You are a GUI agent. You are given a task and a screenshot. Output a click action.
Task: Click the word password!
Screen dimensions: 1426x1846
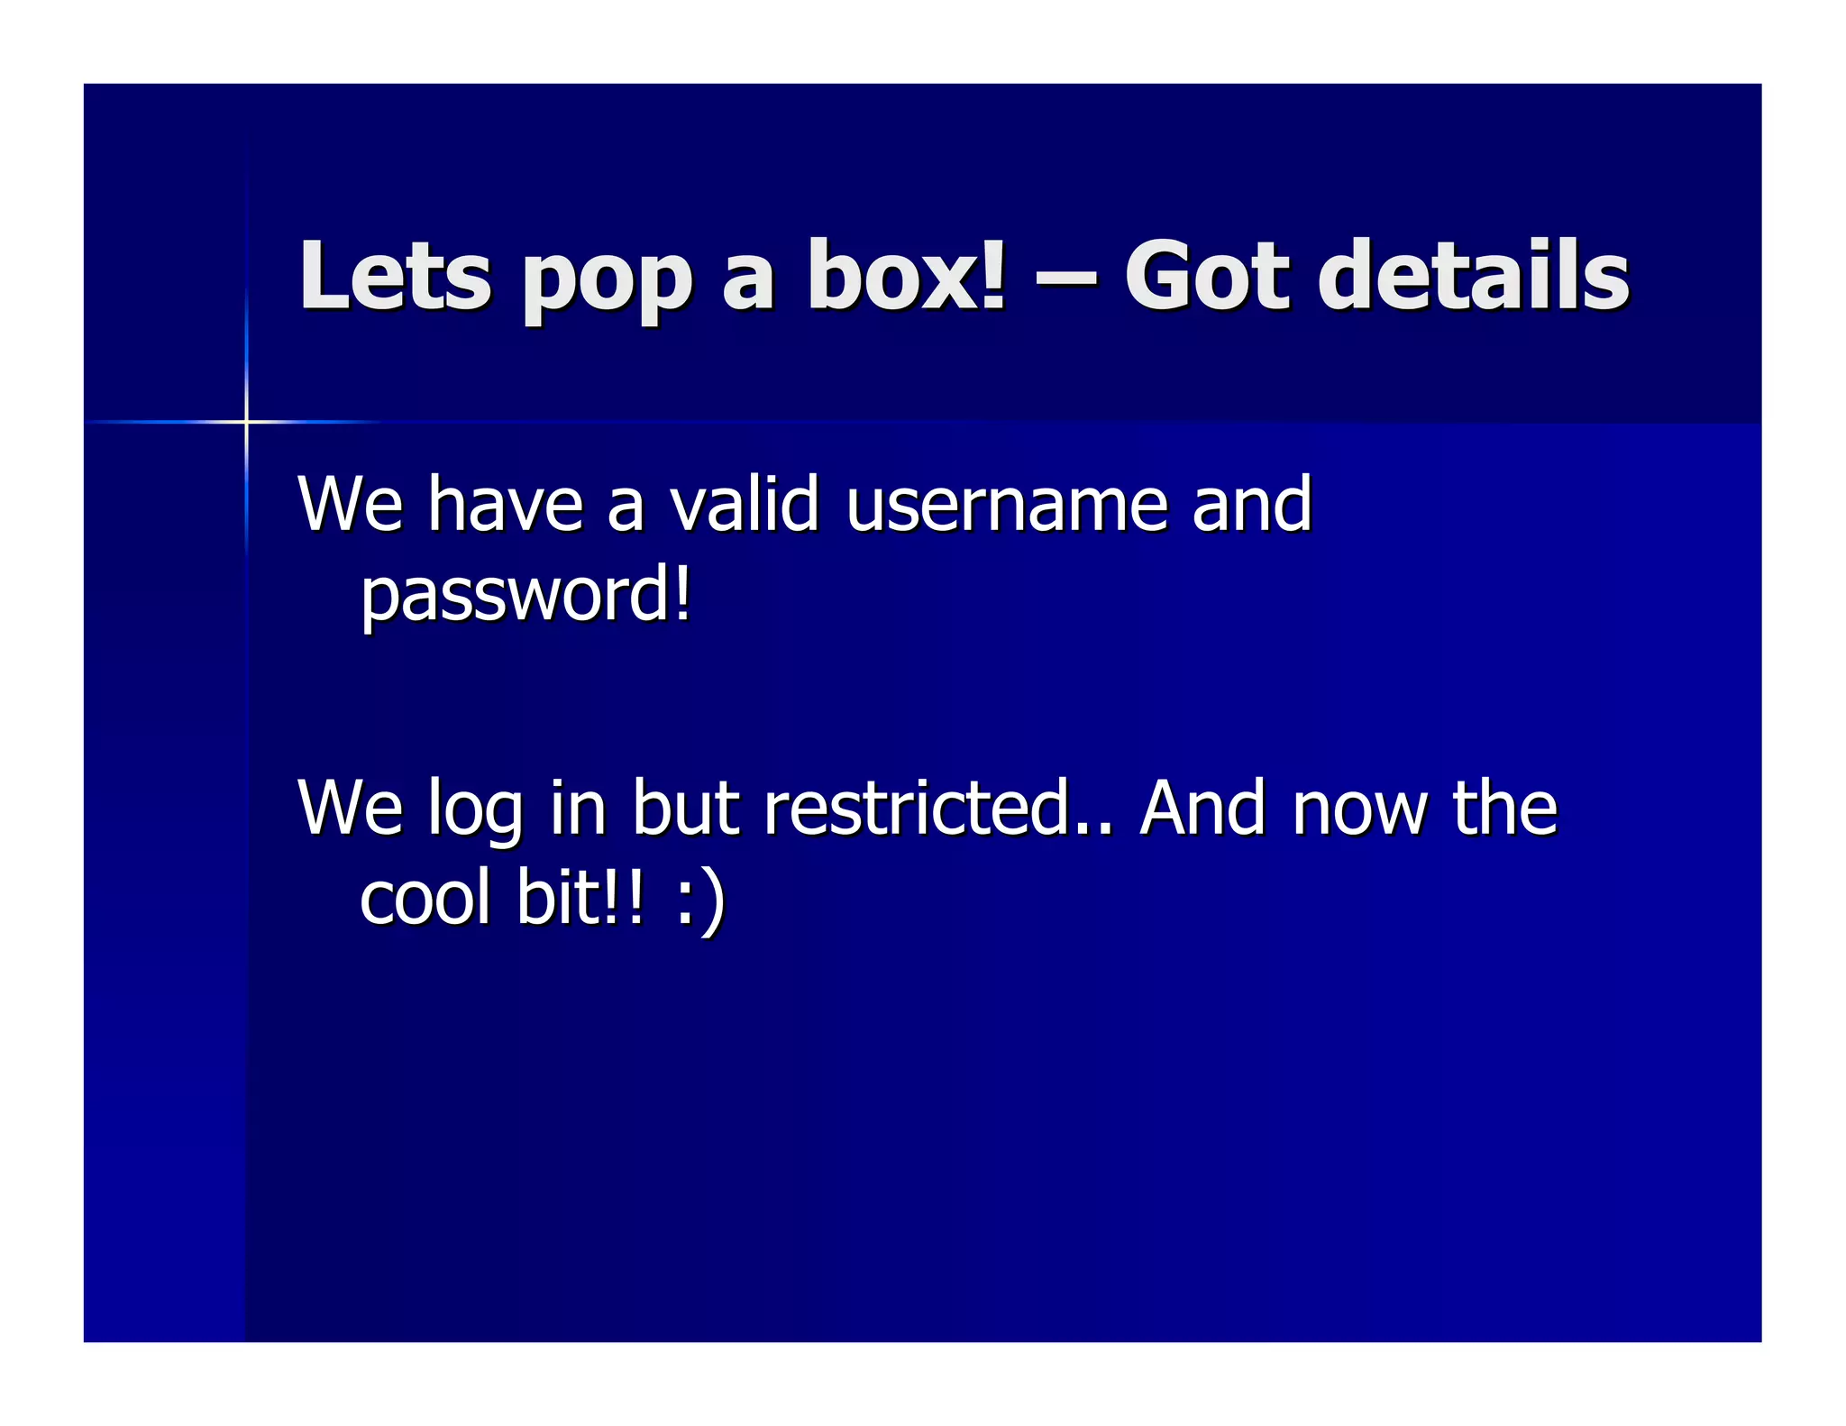click(525, 597)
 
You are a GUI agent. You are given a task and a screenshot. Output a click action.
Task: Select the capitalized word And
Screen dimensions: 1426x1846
click(1202, 808)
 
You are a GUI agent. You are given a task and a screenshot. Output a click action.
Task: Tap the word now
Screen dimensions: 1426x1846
click(1359, 809)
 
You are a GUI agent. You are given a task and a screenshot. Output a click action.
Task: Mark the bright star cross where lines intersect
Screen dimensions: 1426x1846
click(245, 421)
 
